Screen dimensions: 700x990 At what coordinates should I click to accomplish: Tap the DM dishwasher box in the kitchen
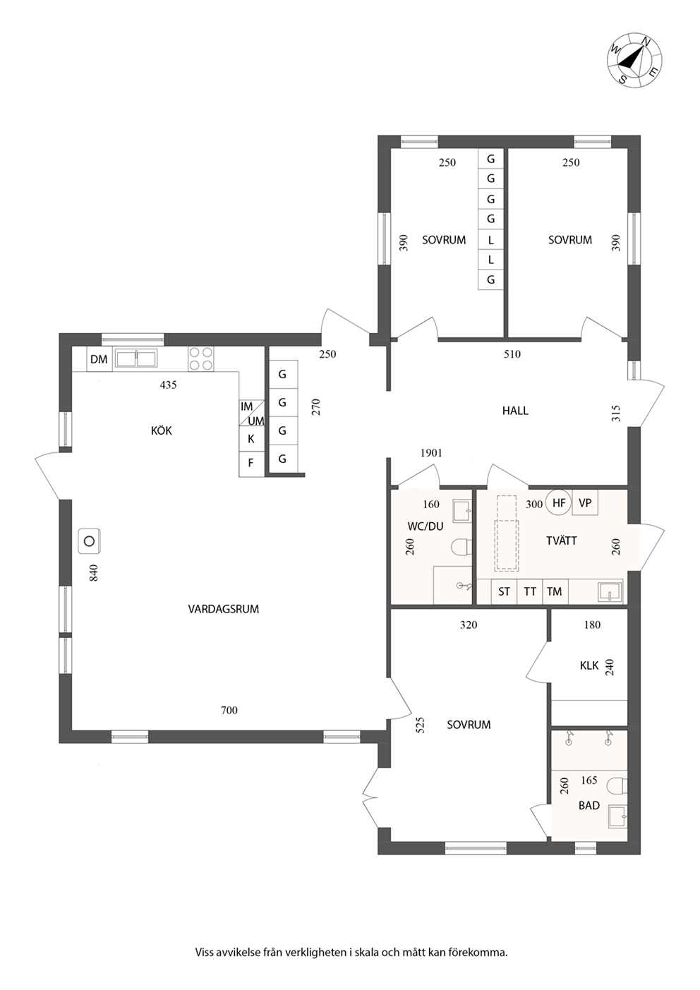(99, 359)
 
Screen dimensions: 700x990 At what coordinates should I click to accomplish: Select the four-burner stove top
(201, 359)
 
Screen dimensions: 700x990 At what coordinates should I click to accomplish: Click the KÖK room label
(162, 430)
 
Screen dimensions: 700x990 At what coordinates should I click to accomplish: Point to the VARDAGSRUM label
(224, 609)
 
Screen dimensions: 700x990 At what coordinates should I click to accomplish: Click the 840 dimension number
(94, 573)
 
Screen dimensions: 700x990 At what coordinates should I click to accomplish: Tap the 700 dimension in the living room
(229, 711)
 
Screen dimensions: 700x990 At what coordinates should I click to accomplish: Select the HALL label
(515, 411)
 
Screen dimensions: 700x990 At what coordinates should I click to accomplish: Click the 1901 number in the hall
(431, 453)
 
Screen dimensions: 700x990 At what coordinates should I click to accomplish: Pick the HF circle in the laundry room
(559, 502)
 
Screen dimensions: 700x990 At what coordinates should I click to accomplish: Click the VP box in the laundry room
(585, 502)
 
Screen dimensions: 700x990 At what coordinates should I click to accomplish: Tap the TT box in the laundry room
(530, 592)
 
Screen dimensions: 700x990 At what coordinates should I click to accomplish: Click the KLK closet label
(589, 665)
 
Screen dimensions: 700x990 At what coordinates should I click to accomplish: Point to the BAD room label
(589, 805)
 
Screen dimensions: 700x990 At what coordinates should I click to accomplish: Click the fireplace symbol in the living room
(90, 541)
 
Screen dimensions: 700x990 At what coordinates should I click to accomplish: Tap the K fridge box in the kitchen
(251, 439)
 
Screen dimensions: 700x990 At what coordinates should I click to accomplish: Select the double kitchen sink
(136, 358)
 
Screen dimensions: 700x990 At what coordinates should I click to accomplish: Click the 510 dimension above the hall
(512, 354)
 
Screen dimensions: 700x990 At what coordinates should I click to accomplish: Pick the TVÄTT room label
(562, 541)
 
